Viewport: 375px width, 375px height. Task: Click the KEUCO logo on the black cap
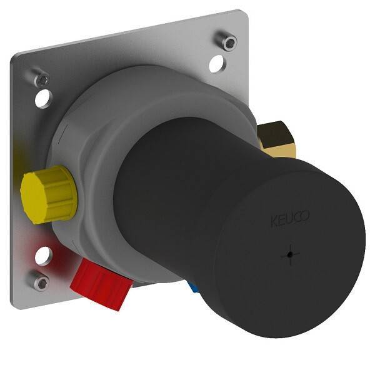point(290,218)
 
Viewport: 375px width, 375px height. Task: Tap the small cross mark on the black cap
point(290,255)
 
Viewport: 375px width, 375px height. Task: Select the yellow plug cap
point(49,194)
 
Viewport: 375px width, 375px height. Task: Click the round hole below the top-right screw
point(217,64)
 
